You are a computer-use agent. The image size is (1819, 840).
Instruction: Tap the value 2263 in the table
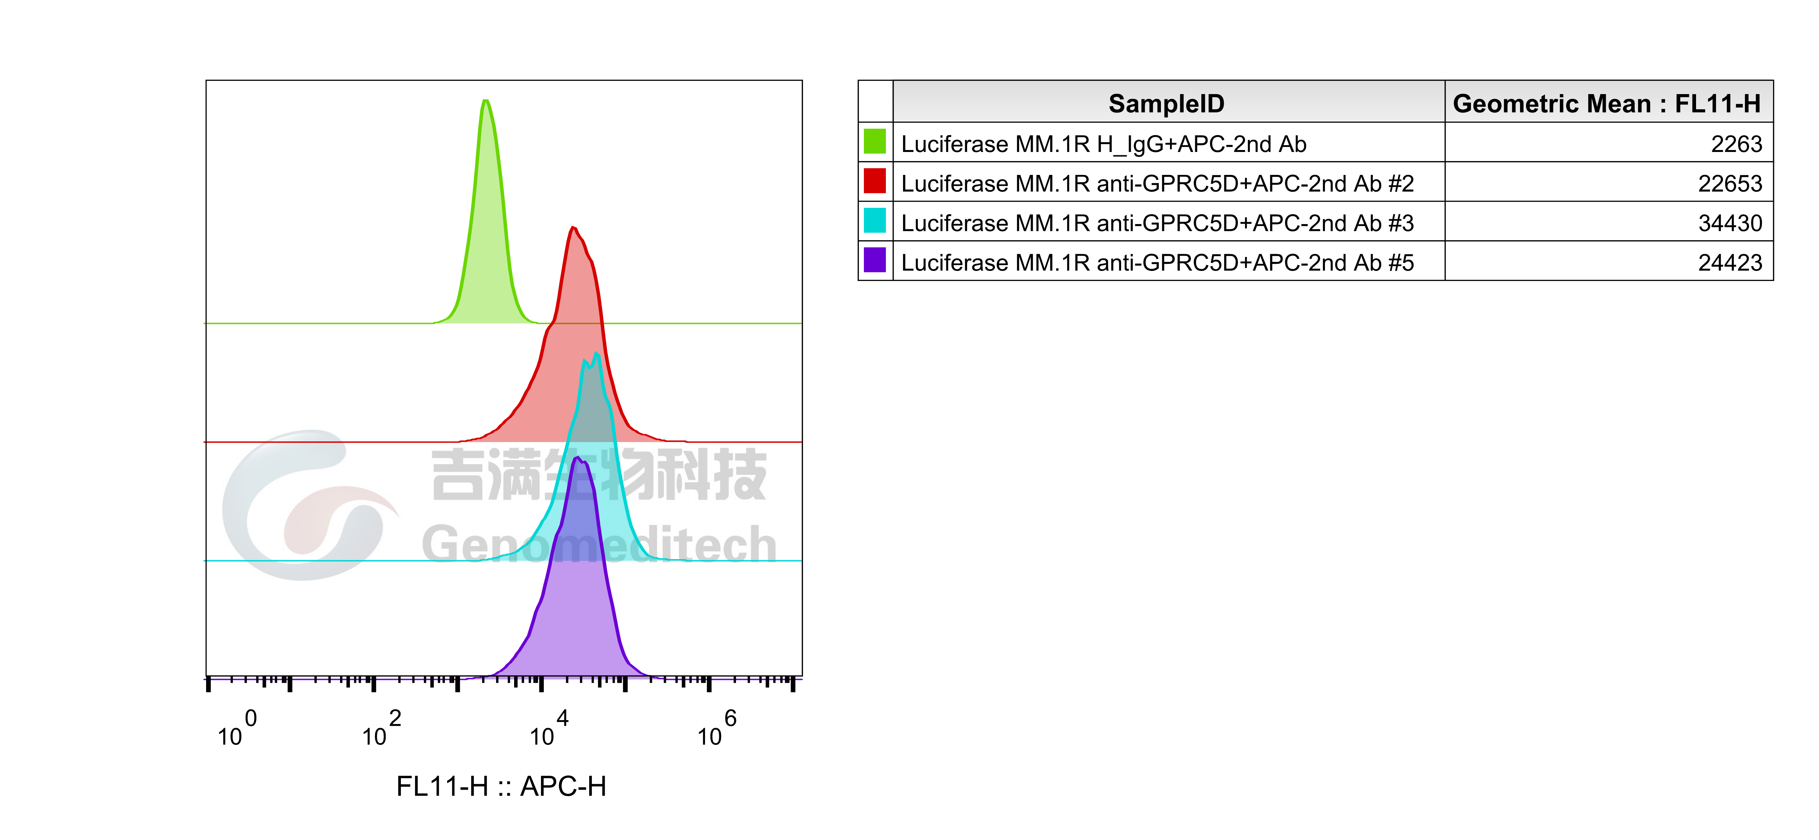[x=1736, y=144]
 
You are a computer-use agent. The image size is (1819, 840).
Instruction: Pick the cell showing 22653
[x=1730, y=184]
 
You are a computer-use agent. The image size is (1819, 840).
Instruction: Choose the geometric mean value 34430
[x=1730, y=223]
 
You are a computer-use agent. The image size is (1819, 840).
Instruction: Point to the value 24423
[x=1730, y=263]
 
